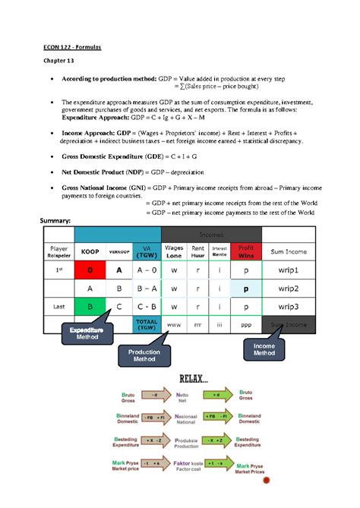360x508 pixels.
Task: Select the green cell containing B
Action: coord(90,307)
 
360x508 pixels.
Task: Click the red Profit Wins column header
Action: coord(245,251)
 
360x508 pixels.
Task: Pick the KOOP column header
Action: coord(90,251)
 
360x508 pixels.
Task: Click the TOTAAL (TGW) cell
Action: coord(146,325)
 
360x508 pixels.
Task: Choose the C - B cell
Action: coord(146,307)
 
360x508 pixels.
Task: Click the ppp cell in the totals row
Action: coord(245,325)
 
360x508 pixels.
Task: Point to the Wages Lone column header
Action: coord(174,251)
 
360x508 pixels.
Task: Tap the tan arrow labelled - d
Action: coord(155,395)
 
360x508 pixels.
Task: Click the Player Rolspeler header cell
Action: coord(58,251)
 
